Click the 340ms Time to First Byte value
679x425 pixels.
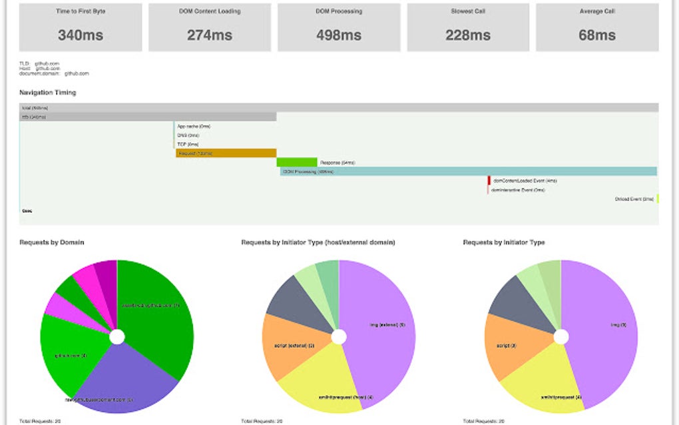coord(81,35)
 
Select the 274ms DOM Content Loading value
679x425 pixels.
coord(209,35)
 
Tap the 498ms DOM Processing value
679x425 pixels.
coord(339,35)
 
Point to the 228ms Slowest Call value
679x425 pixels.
coord(468,35)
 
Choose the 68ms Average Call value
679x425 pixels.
coord(597,35)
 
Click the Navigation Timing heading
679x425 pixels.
coord(48,93)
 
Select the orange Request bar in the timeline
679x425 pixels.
coord(226,153)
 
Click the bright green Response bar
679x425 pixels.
coord(297,162)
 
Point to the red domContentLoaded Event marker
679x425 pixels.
coord(489,181)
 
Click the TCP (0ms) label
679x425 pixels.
coord(188,144)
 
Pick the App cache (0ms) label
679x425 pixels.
coord(193,126)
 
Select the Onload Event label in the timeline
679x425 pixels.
coord(634,199)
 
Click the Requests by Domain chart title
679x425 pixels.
coord(52,242)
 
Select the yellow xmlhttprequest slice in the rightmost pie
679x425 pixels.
coord(546,383)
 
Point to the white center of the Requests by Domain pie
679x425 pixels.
coord(117,337)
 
